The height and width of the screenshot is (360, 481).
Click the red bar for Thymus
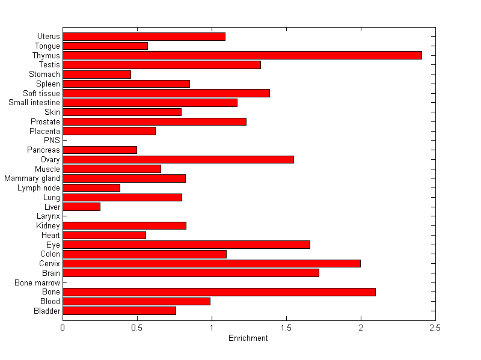coord(242,55)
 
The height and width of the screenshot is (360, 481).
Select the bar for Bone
coord(219,292)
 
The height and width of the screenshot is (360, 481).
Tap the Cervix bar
coord(211,263)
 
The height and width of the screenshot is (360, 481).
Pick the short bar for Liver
coord(81,207)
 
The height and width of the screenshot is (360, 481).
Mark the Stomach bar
coord(96,74)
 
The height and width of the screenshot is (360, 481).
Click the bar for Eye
coord(186,245)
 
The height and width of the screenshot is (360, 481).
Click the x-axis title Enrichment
coord(248,338)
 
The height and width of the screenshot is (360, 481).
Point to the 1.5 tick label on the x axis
coord(286,328)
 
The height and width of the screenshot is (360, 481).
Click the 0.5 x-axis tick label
coord(137,328)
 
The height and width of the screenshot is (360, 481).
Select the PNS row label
coord(52,141)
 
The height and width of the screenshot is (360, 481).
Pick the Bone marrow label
coord(38,282)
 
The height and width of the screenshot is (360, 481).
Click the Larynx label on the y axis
coord(47,216)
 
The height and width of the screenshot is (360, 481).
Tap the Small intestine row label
coord(34,103)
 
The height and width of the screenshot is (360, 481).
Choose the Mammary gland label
coord(32,178)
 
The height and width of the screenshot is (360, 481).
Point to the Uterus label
coord(48,37)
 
